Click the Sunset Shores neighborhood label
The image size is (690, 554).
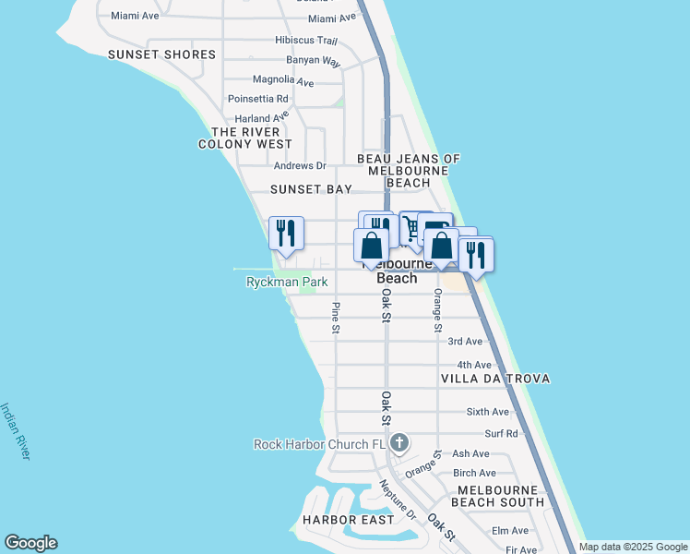click(x=161, y=54)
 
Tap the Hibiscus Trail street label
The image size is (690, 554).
click(x=306, y=41)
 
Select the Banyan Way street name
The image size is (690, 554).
click(x=313, y=61)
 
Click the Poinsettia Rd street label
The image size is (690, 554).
click(x=258, y=99)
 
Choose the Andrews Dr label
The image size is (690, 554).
click(x=300, y=166)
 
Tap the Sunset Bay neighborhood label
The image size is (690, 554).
click(x=311, y=188)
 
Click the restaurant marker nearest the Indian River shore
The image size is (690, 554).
click(x=286, y=233)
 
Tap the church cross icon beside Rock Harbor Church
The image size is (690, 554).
click(x=399, y=443)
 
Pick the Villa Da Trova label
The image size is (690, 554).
click(x=495, y=379)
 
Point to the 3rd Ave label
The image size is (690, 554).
click(x=465, y=342)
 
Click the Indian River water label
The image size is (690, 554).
click(x=17, y=430)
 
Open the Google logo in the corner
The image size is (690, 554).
click(x=30, y=543)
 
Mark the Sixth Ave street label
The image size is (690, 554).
click(x=488, y=412)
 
